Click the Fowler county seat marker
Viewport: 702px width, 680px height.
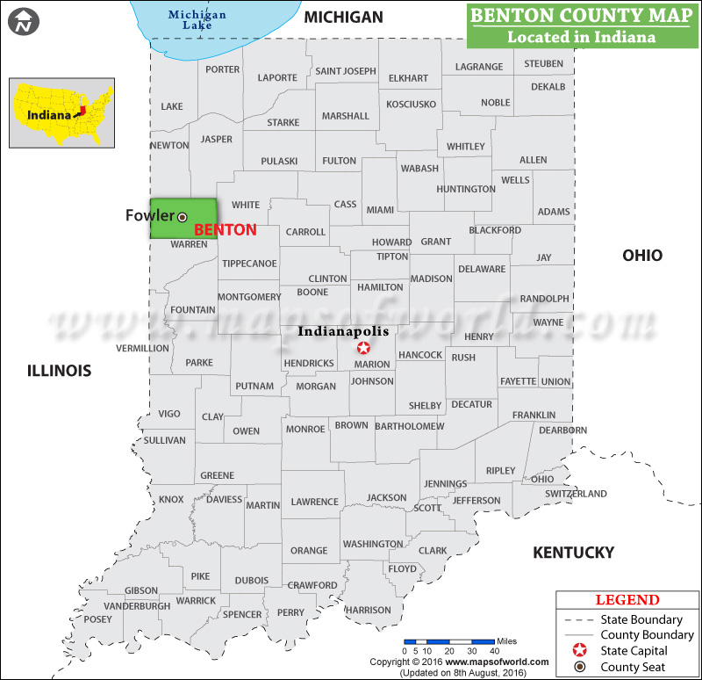183,216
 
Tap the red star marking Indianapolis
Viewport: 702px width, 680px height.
363,348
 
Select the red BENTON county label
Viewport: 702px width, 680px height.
225,230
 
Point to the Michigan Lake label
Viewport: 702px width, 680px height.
197,19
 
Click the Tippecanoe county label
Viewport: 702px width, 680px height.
249,264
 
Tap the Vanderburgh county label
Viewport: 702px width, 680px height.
137,606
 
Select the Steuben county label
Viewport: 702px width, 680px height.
543,64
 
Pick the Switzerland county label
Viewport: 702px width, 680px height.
576,494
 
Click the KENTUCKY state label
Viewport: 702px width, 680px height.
574,553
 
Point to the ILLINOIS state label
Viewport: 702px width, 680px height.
59,371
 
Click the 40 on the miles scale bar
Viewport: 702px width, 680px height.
495,651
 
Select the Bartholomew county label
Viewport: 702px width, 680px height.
409,426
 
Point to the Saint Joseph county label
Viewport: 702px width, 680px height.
346,71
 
